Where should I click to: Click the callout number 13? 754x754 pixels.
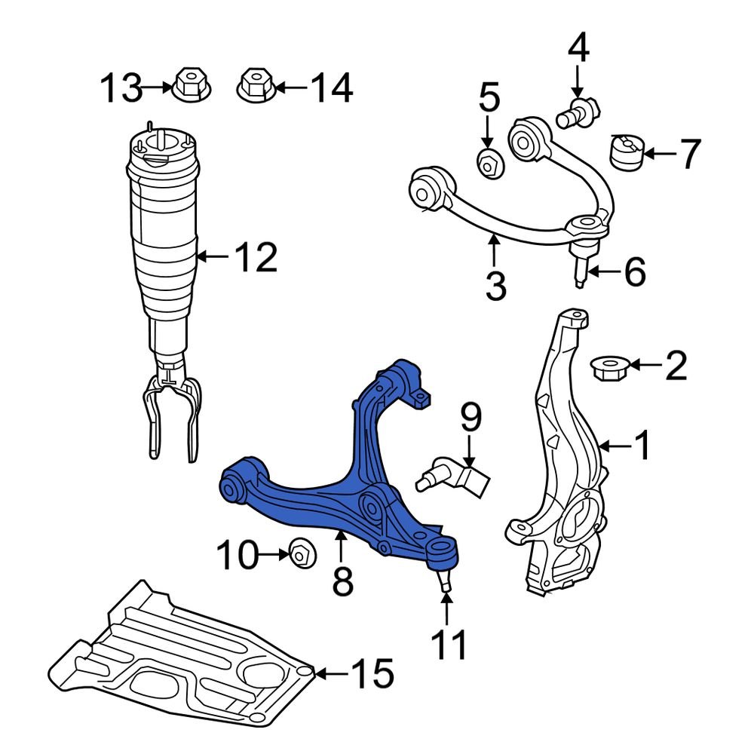click(121, 88)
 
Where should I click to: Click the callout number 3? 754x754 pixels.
click(495, 286)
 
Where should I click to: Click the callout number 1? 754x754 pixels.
click(642, 446)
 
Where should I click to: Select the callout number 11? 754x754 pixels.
click(449, 645)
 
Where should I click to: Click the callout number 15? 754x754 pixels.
click(372, 673)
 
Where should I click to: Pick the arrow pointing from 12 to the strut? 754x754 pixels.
click(213, 258)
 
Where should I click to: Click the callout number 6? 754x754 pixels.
click(626, 271)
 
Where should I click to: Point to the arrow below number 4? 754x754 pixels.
click(578, 80)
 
